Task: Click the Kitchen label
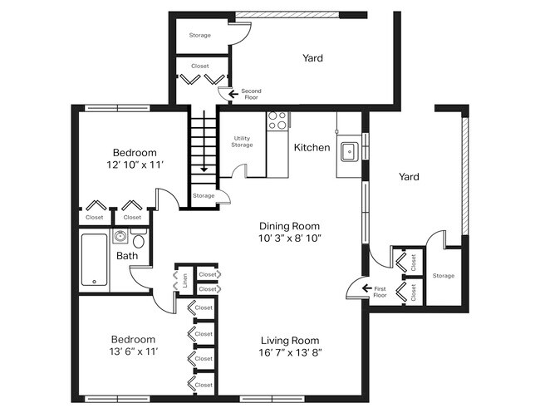point(312,148)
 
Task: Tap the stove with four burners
point(277,120)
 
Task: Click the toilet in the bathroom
point(139,241)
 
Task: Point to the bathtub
point(95,260)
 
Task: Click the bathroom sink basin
point(120,237)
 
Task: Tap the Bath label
point(127,256)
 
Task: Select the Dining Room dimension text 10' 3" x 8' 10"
point(289,238)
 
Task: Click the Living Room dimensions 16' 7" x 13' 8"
point(290,352)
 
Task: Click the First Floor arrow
point(356,289)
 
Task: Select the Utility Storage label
point(242,142)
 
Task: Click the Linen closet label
point(185,280)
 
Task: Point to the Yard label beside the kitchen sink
point(408,176)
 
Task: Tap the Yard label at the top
point(312,58)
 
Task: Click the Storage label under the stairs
point(203,196)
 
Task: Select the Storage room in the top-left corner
point(199,35)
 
